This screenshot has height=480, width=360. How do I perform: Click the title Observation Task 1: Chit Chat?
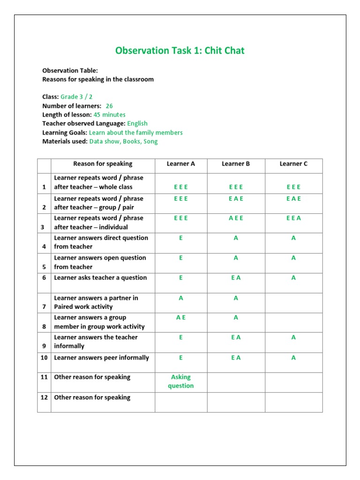click(180, 51)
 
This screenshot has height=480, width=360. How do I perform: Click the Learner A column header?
click(180, 164)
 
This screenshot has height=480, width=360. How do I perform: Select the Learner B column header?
click(236, 164)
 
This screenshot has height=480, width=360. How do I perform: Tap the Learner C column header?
click(293, 164)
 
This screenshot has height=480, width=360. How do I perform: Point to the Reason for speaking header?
click(103, 164)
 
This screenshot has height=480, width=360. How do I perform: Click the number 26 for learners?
click(109, 106)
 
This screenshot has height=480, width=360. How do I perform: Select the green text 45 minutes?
click(110, 115)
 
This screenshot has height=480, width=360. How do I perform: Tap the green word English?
click(137, 124)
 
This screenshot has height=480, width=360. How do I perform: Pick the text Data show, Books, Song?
click(124, 142)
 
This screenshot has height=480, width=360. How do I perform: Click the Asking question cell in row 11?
click(180, 382)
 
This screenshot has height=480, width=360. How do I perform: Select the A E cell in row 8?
click(180, 317)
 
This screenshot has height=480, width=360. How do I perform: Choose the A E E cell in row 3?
click(236, 218)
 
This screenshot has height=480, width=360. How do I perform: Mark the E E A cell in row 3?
click(293, 218)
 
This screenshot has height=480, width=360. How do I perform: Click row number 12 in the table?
click(44, 397)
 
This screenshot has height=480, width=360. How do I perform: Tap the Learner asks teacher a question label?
click(100, 277)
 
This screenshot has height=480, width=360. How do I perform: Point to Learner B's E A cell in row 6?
click(236, 277)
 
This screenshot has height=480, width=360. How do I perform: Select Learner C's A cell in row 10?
click(293, 358)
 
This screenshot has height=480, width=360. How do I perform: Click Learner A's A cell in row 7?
click(180, 298)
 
